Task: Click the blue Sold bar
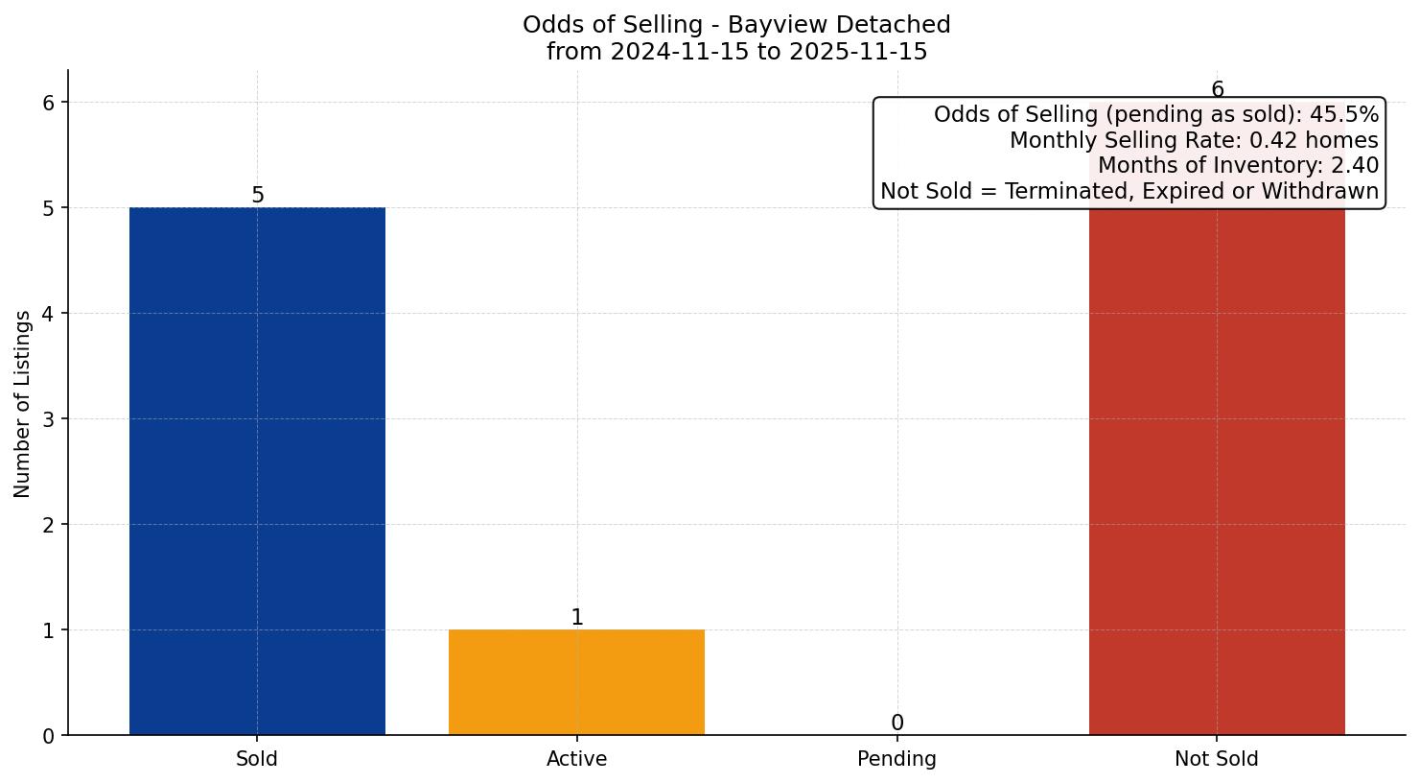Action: (257, 470)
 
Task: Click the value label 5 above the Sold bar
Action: (257, 196)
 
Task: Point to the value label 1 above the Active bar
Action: (576, 618)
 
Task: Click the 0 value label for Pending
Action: (896, 724)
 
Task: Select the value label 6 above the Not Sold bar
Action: (1217, 90)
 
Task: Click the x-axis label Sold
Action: (257, 759)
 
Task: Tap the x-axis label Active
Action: (576, 759)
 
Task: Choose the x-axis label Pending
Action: (896, 759)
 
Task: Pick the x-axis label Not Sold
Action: (1217, 759)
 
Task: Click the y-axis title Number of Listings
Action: (23, 403)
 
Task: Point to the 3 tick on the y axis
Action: (50, 419)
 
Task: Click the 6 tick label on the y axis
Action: (50, 103)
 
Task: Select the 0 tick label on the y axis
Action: (50, 736)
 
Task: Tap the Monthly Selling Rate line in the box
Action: (1193, 141)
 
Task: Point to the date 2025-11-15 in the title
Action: (858, 52)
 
